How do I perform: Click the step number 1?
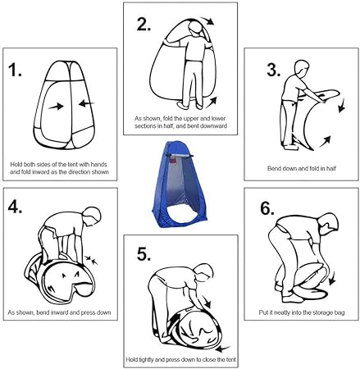coord(15,70)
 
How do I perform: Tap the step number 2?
coord(144,24)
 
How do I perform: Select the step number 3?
coord(274,70)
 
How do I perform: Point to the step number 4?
coord(15,207)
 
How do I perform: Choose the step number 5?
coord(144,254)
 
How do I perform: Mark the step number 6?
coord(267,208)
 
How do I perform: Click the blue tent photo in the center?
coord(180,184)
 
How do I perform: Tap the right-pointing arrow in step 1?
coord(56,106)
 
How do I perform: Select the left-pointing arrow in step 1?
coord(87,103)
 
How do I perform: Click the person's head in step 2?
coord(195,29)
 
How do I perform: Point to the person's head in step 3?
coord(301,69)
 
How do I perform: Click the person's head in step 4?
coord(92,216)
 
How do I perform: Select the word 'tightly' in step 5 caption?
coord(145,359)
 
